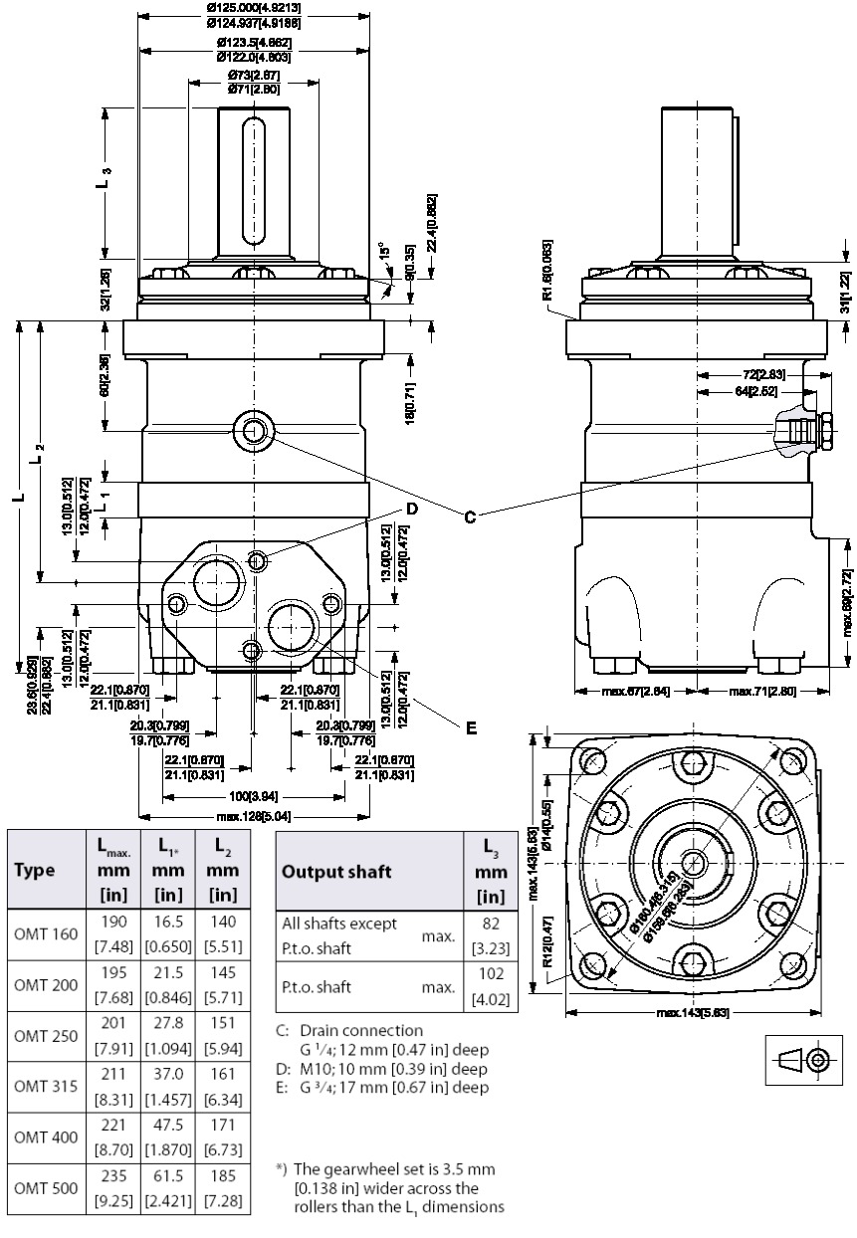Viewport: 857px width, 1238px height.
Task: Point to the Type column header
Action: pos(35,869)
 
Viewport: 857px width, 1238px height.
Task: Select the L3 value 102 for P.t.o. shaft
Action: pos(491,973)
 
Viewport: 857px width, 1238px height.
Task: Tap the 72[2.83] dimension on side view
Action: pos(762,373)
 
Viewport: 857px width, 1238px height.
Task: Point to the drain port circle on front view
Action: pos(253,431)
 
